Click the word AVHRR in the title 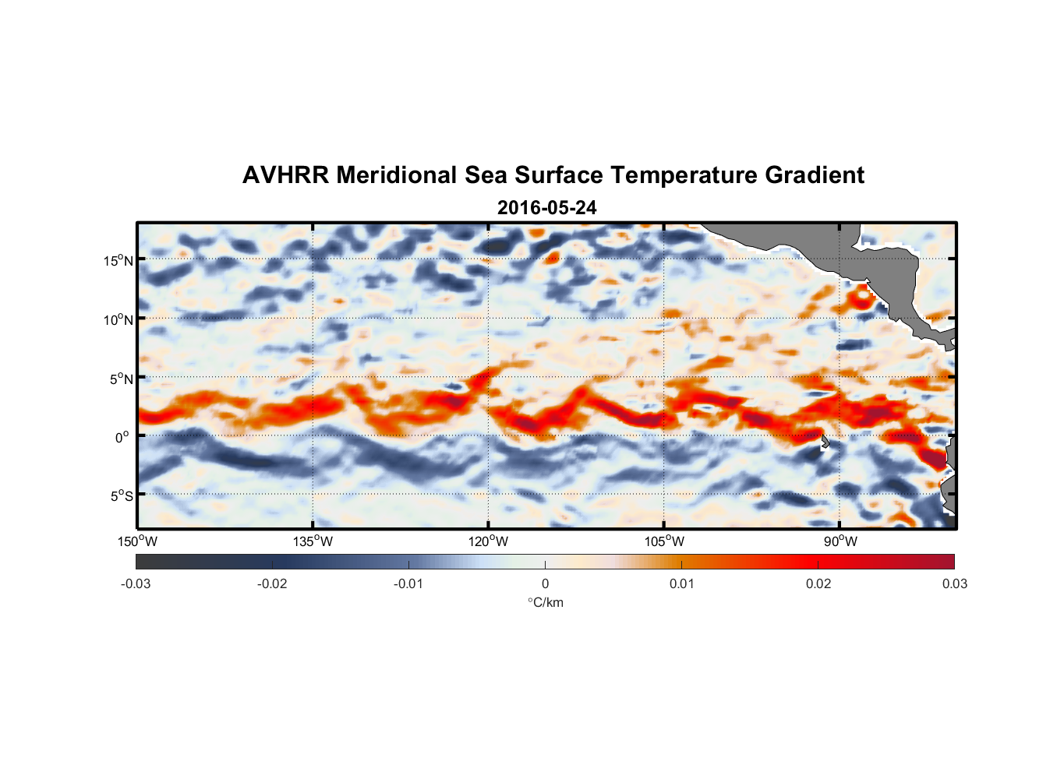point(285,175)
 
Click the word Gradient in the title point(814,175)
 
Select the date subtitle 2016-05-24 point(546,208)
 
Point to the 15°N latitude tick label point(118,260)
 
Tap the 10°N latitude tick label point(118,319)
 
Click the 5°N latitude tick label point(121,379)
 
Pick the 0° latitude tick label point(122,437)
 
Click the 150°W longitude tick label point(137,541)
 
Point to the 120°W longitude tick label point(488,541)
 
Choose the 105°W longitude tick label point(664,541)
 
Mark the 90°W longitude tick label point(840,541)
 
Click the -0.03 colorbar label point(136,583)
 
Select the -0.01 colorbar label point(408,583)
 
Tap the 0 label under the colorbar point(545,583)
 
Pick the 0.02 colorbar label point(818,583)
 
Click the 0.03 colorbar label point(954,583)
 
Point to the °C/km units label point(545,602)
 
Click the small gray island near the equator point(825,442)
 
